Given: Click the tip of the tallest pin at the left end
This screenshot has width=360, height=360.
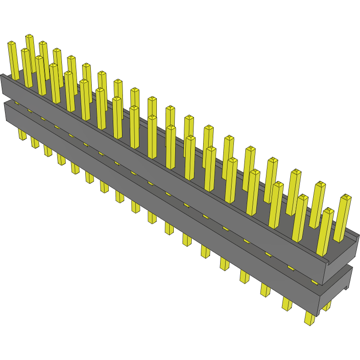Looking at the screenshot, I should point(29,36).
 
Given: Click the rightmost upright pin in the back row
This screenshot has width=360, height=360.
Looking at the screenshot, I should point(342,218).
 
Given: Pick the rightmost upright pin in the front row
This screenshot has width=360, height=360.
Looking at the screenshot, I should point(325,232).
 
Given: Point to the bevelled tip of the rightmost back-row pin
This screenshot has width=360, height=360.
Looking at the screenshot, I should point(346,197).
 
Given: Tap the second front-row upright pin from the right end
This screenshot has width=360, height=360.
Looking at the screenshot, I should point(299,218).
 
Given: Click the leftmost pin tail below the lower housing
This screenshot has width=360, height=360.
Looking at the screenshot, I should point(22,134).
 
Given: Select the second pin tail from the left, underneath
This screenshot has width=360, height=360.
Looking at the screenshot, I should point(35,142).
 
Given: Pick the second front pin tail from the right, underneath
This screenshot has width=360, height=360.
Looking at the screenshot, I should point(287,303).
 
